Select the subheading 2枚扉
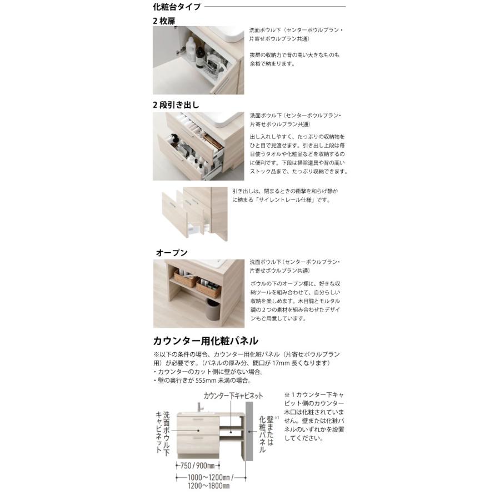click(x=165, y=20)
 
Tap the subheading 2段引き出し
click(x=176, y=104)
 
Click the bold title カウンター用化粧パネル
click(x=206, y=341)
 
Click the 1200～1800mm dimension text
click(x=207, y=486)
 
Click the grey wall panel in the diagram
click(x=249, y=433)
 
